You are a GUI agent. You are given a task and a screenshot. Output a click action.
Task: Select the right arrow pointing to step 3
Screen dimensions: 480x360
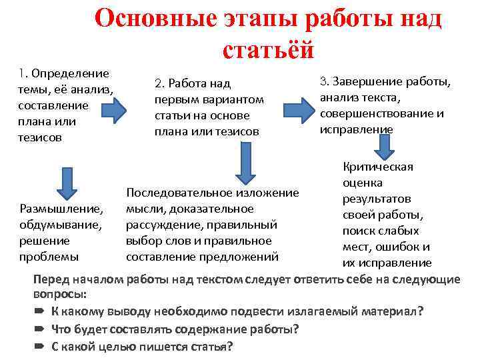(296, 109)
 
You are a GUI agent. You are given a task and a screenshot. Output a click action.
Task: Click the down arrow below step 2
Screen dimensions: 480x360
(245, 164)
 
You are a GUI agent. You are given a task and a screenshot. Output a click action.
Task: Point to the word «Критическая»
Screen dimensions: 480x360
(378, 167)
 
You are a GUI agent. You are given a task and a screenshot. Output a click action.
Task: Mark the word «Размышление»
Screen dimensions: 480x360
(61, 209)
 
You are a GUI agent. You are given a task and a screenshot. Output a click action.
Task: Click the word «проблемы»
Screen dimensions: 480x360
(49, 257)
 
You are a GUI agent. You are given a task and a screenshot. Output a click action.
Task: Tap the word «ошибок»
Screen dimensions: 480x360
(396, 247)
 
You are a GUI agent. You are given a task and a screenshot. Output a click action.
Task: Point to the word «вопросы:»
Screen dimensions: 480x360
(61, 294)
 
